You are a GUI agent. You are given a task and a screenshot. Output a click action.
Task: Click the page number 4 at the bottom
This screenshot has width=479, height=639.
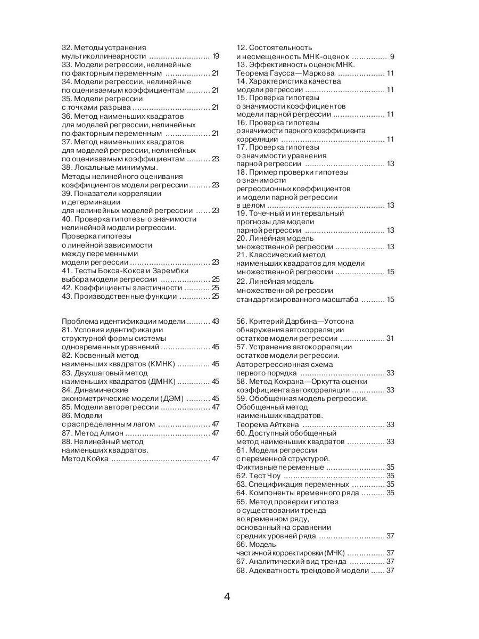tap(227, 596)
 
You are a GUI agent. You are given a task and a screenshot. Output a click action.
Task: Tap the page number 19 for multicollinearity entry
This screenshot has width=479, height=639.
tap(216, 56)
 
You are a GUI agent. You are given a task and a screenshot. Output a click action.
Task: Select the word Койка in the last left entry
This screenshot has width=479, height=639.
tap(98, 458)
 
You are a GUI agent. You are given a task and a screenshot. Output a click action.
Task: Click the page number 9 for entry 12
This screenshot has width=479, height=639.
tap(392, 56)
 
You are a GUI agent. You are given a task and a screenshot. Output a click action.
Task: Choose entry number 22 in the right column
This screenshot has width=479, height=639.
tap(241, 281)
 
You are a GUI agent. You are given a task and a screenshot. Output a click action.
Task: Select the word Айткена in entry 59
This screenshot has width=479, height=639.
tap(285, 425)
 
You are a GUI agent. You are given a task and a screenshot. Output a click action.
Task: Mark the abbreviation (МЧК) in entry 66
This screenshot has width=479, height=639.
tap(333, 553)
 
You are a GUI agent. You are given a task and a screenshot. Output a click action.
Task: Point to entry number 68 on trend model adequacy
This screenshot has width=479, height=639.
tap(241, 571)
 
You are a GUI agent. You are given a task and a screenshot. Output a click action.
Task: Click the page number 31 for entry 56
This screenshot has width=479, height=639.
tap(390, 339)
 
